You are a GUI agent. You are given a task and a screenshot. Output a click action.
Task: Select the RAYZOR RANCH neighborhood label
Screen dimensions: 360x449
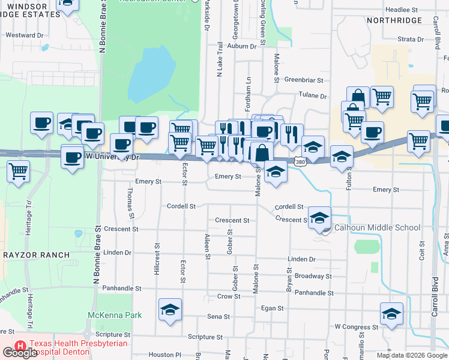pos(36,255)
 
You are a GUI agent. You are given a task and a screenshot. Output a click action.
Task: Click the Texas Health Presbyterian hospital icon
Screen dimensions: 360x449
pos(20,347)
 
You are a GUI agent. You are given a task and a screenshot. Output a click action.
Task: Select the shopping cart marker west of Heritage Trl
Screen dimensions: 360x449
pos(18,170)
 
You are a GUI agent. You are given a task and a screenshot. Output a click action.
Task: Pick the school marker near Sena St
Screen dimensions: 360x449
pos(170,310)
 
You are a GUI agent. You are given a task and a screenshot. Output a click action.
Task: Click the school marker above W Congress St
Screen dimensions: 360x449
pos(391,313)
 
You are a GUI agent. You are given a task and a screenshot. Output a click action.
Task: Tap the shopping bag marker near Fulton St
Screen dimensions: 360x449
pos(358,96)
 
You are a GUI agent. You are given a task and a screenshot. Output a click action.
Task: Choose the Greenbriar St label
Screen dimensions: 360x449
pos(304,80)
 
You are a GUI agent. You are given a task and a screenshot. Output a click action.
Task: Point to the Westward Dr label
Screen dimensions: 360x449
pos(25,35)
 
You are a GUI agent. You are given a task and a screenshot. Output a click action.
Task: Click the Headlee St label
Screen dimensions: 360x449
pos(402,10)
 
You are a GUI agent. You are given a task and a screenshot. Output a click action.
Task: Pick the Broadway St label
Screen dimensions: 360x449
pos(313,276)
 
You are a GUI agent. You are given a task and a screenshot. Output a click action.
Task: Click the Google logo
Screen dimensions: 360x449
pos(20,353)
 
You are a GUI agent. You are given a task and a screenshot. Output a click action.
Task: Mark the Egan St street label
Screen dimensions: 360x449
pos(273,308)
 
